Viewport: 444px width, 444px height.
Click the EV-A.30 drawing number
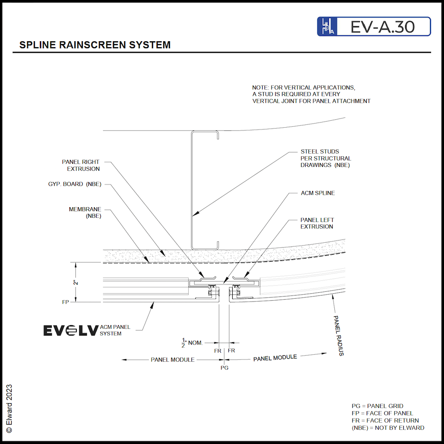click(x=382, y=27)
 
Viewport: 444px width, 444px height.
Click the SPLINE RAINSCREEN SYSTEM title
click(x=95, y=45)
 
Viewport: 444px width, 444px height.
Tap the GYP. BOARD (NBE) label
click(x=74, y=184)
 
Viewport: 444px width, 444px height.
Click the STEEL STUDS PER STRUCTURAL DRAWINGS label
click(x=326, y=158)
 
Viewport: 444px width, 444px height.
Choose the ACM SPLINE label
click(x=318, y=193)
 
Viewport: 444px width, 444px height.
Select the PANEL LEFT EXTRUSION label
click(x=317, y=223)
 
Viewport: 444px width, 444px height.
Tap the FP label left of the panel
click(x=66, y=302)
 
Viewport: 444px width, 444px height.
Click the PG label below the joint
click(x=225, y=368)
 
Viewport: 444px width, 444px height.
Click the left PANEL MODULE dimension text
click(x=173, y=359)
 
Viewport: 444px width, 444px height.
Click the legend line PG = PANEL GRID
click(x=377, y=406)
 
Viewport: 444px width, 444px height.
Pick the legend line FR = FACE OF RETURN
click(x=385, y=420)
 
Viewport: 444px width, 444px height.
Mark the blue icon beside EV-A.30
click(x=326, y=27)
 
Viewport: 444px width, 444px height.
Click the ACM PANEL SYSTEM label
click(x=115, y=330)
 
